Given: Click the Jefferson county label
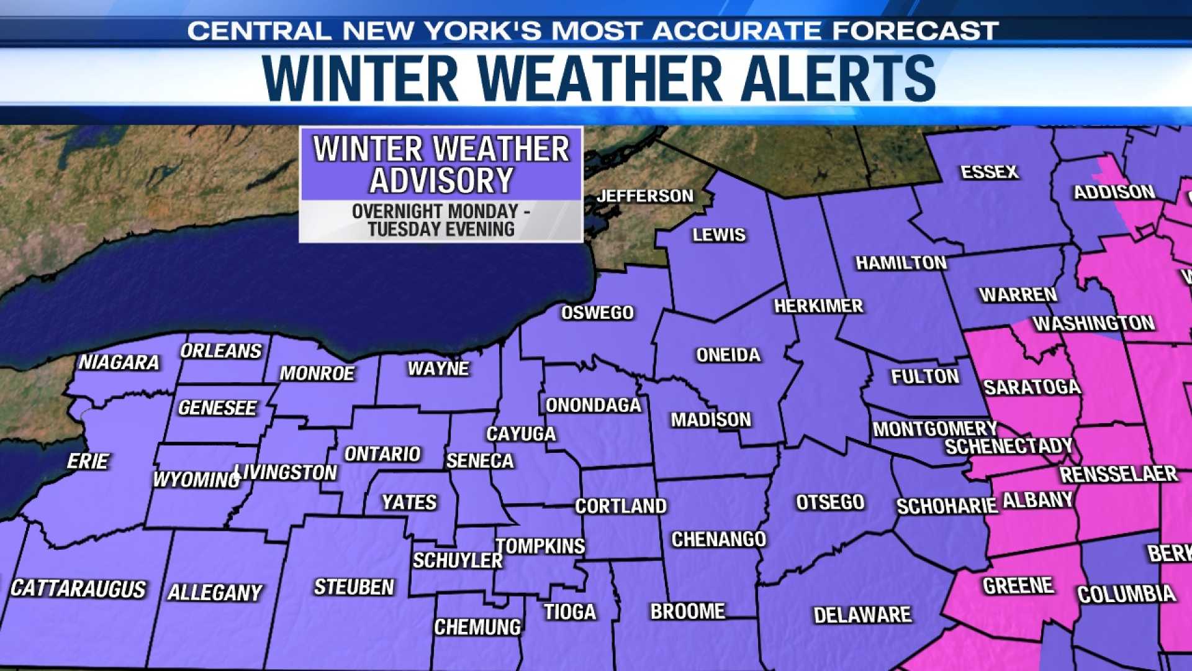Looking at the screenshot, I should point(645,196).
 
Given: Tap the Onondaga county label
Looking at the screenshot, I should point(593,406).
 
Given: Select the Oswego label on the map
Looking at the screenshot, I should point(597,313).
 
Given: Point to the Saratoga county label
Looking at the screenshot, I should point(1032,388).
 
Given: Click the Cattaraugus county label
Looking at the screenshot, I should point(78,589).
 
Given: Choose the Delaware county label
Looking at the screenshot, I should point(862,615).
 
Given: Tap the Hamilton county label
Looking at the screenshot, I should point(901,263).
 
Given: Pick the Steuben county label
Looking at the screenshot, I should point(354,587).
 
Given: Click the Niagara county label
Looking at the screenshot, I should point(119,362).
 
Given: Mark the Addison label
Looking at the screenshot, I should point(1114,193).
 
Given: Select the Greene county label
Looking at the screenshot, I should point(1018,586).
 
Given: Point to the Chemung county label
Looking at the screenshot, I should point(477,628).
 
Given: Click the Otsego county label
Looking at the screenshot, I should point(830,502).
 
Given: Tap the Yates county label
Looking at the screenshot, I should point(409,502).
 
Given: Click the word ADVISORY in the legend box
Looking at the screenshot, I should point(441,181).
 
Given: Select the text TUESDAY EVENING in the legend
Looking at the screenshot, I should point(441,229).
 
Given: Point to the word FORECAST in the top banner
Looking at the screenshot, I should point(915,30).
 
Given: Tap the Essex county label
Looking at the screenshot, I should point(990,172).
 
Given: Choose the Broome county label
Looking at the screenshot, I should point(687,612).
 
